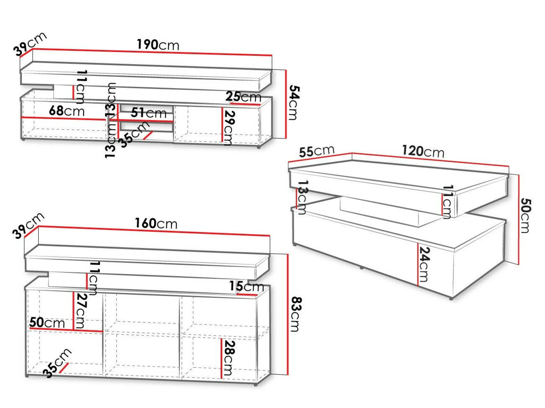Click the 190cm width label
pyautogui.click(x=158, y=45)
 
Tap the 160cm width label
pyautogui.click(x=156, y=223)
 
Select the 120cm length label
pyautogui.click(x=423, y=151)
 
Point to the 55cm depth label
pyautogui.click(x=317, y=152)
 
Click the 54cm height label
pyautogui.click(x=294, y=102)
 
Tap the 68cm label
pyautogui.click(x=67, y=111)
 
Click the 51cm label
pyautogui.click(x=149, y=113)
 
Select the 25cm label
pyautogui.click(x=243, y=97)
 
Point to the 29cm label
pyautogui.click(x=230, y=128)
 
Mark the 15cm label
pyautogui.click(x=246, y=286)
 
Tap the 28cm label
pyautogui.click(x=230, y=358)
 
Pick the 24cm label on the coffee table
pyautogui.click(x=424, y=264)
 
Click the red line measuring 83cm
pyautogui.click(x=288, y=314)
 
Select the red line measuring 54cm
pyautogui.click(x=286, y=104)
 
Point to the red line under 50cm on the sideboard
pyautogui.click(x=66, y=330)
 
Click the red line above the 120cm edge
pyautogui.click(x=430, y=159)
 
